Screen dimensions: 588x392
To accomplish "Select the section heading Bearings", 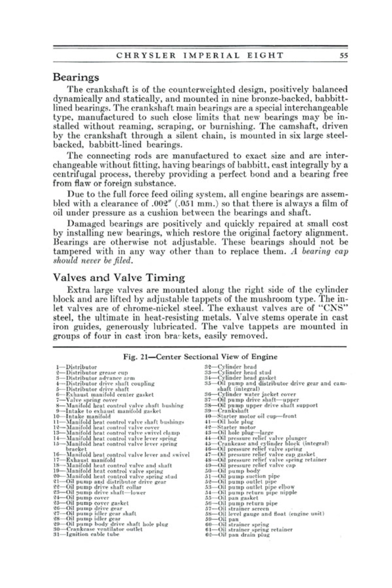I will click(76, 77).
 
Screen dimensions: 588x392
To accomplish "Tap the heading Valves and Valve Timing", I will click(118, 277).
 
